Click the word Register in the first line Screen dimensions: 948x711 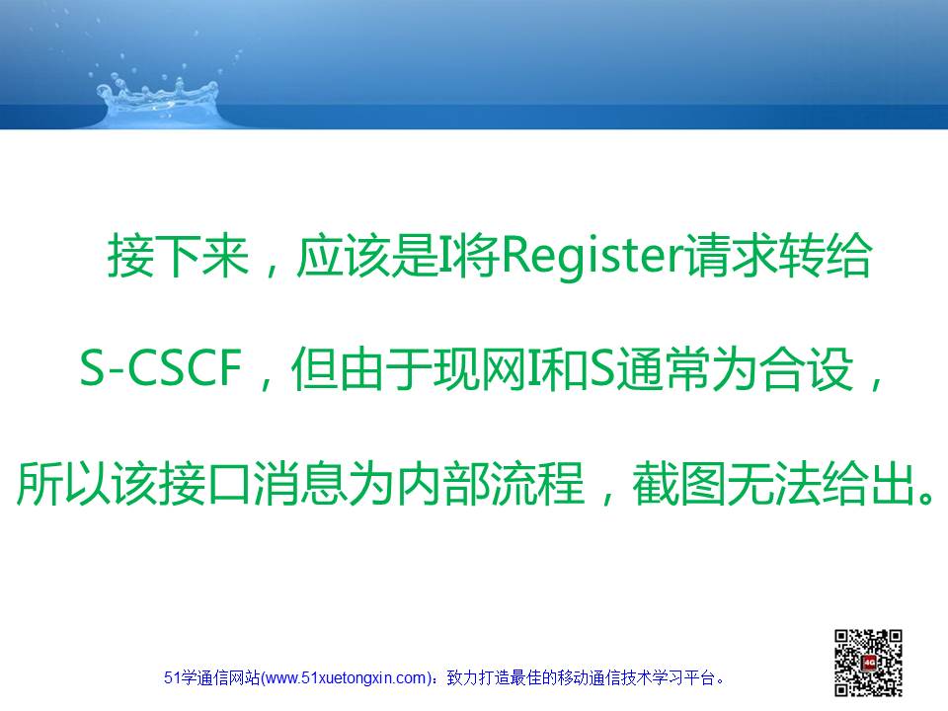(592, 257)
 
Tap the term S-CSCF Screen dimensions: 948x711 (161, 367)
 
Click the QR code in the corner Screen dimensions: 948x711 (868, 663)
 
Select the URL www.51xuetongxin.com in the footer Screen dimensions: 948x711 (346, 677)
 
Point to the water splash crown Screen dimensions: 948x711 (158, 100)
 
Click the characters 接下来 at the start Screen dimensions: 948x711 (179, 257)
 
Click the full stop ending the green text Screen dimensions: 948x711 (925, 497)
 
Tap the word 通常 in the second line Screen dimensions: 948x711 (664, 368)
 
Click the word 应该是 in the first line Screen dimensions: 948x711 (366, 257)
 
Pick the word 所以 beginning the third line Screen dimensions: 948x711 (63, 483)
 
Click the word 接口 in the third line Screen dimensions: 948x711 (205, 483)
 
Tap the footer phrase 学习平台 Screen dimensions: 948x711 (682, 677)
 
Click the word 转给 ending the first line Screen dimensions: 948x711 (824, 257)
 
